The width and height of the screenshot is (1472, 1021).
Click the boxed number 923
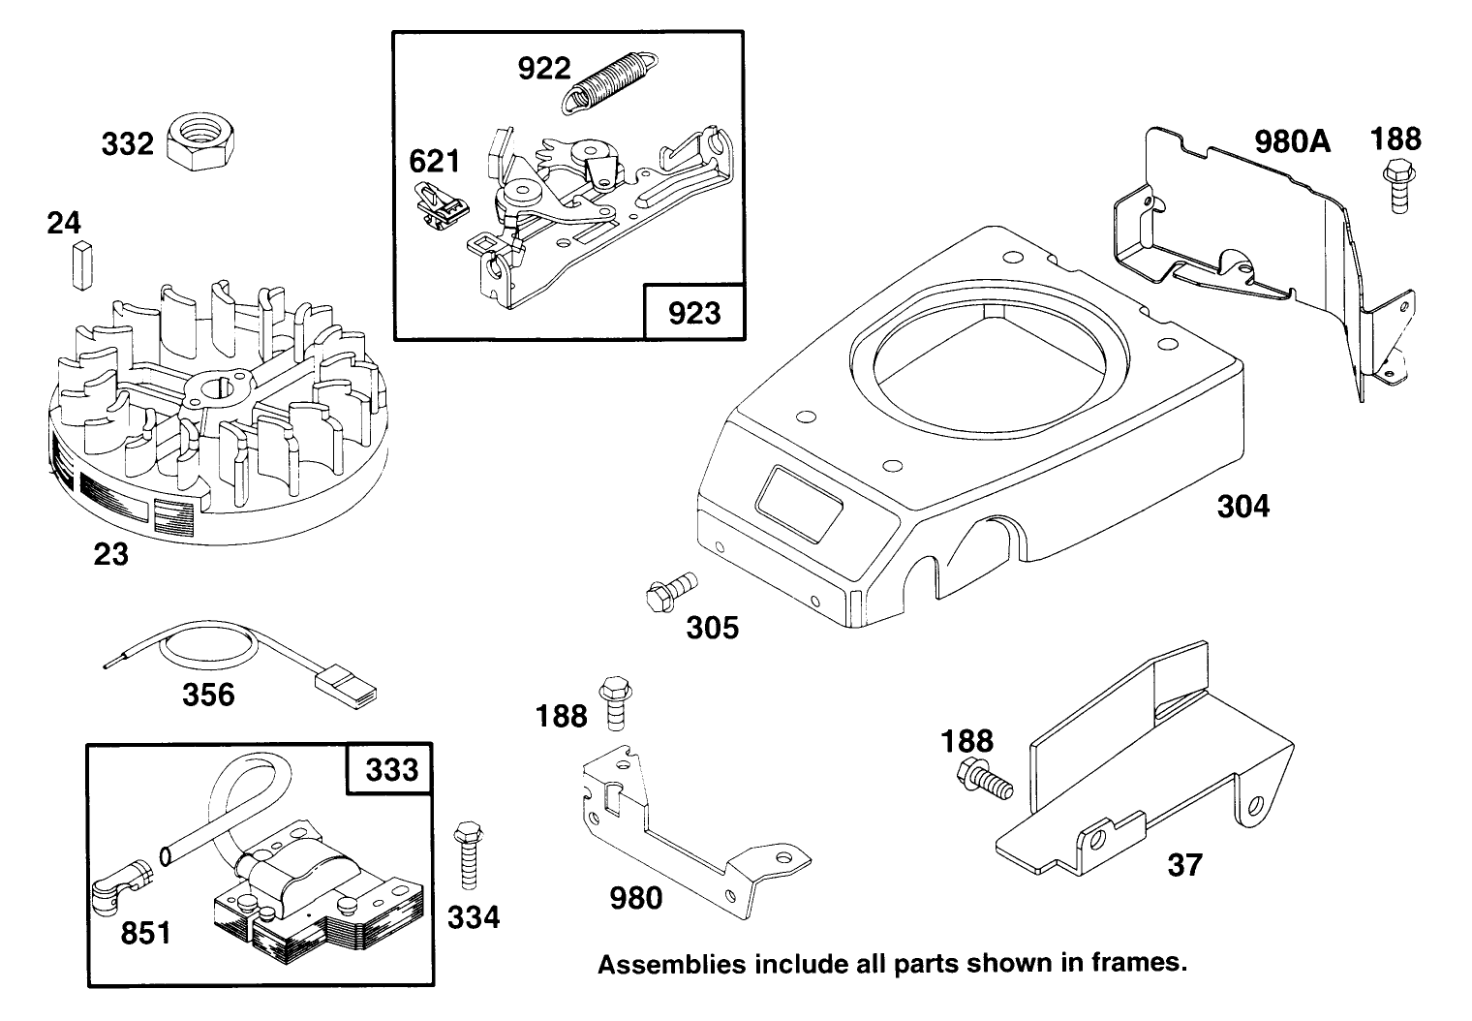point(694,312)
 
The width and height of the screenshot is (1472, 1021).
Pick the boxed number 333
point(390,769)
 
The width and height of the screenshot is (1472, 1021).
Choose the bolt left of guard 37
point(984,777)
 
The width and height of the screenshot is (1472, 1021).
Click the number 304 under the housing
point(1242,506)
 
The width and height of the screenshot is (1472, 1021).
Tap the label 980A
point(1292,142)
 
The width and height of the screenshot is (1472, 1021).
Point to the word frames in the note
point(1143,964)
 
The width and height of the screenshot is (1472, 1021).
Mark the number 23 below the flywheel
point(110,554)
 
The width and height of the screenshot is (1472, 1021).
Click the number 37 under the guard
point(1183,864)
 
